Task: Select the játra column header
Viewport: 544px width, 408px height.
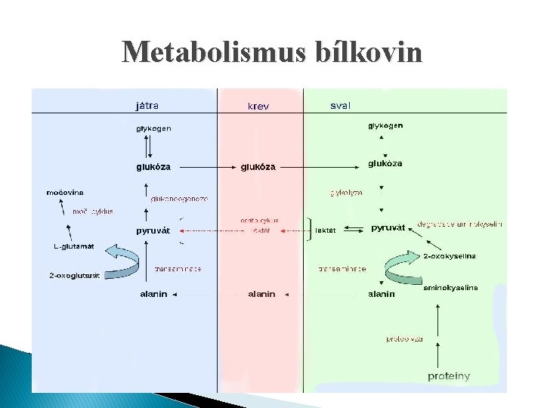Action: pyautogui.click(x=147, y=106)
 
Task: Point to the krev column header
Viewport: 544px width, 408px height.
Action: pyautogui.click(x=258, y=107)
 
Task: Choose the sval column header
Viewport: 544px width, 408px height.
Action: pyautogui.click(x=340, y=106)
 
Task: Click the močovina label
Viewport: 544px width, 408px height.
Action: pyautogui.click(x=65, y=193)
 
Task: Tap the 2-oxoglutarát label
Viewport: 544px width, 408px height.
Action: pyautogui.click(x=75, y=276)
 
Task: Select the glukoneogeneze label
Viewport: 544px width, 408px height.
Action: pyautogui.click(x=179, y=199)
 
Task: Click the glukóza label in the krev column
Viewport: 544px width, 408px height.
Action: pyautogui.click(x=258, y=166)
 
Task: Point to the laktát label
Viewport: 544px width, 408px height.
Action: pyautogui.click(x=326, y=229)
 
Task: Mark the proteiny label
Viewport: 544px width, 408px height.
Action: pyautogui.click(x=449, y=376)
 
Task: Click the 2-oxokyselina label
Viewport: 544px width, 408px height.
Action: pyautogui.click(x=450, y=257)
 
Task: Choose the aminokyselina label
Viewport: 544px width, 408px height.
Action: pyautogui.click(x=450, y=288)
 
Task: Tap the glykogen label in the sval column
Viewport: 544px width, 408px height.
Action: pyautogui.click(x=385, y=125)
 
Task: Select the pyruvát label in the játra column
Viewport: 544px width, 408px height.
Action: pyautogui.click(x=153, y=230)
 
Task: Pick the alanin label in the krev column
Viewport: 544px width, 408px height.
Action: pyautogui.click(x=261, y=294)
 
